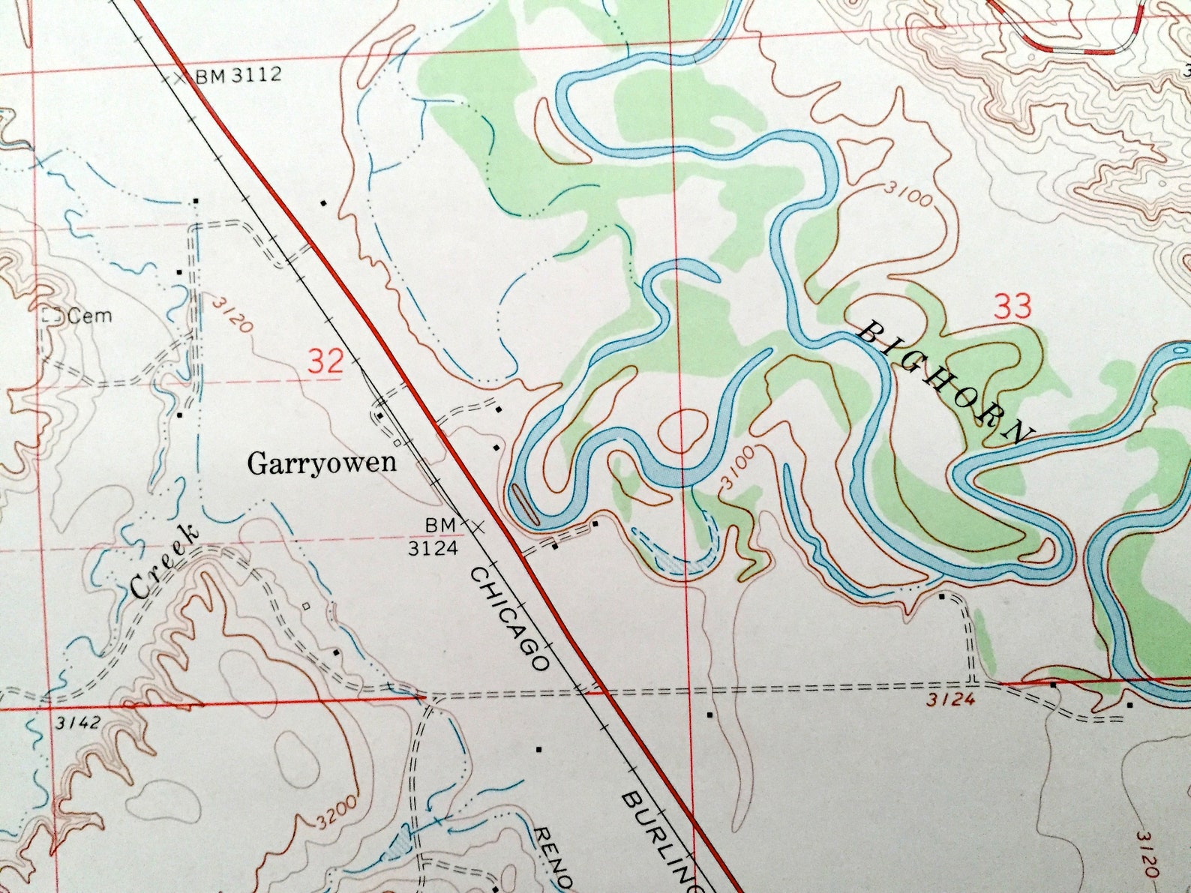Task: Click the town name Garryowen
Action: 322,462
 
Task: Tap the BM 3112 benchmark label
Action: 238,75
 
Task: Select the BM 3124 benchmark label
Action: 433,537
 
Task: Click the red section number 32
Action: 326,361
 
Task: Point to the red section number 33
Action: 1012,307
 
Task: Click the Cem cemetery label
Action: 89,316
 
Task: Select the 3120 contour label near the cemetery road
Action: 232,315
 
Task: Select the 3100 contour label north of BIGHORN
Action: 907,194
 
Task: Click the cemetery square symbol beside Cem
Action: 51,316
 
